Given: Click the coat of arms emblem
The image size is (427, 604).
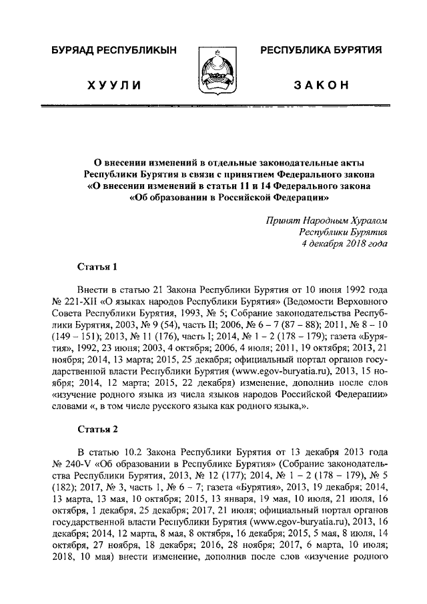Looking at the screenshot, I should click(214, 70).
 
